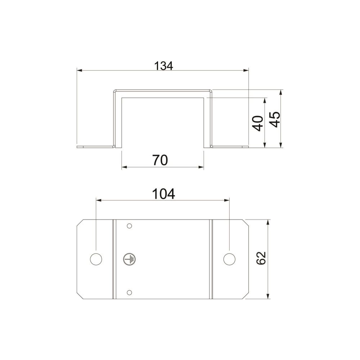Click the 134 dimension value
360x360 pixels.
163,66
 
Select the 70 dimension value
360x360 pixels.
160,160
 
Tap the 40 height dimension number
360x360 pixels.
258,123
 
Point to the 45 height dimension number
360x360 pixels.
275,120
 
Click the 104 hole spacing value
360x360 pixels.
163,194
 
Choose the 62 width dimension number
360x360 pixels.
261,258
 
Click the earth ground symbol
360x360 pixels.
129,260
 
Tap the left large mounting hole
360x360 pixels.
96,259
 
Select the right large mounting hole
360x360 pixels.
229,259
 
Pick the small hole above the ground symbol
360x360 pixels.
129,226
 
